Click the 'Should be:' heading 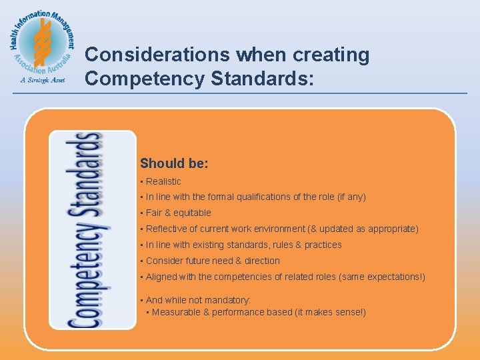click(x=174, y=163)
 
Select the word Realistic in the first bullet click(x=163, y=181)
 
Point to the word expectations click(x=391, y=277)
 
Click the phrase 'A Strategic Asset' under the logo click(x=41, y=79)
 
